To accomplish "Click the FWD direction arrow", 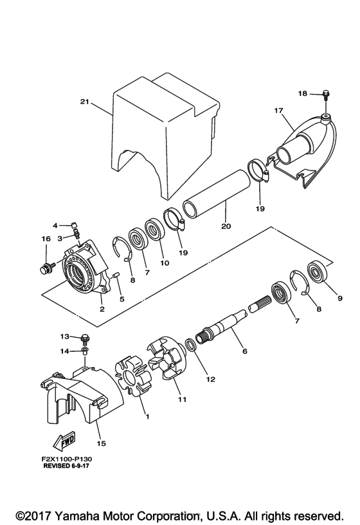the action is point(64,441).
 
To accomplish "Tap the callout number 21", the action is point(85,102).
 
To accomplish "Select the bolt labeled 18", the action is point(325,95).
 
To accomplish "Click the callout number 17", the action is point(279,111).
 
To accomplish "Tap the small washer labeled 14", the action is point(85,351).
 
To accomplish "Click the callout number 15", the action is point(101,443).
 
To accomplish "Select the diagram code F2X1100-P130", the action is point(66,459).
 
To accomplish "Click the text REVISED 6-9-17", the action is point(66,466).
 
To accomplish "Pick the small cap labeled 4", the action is point(75,225).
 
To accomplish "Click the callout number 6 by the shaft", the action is point(244,351).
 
